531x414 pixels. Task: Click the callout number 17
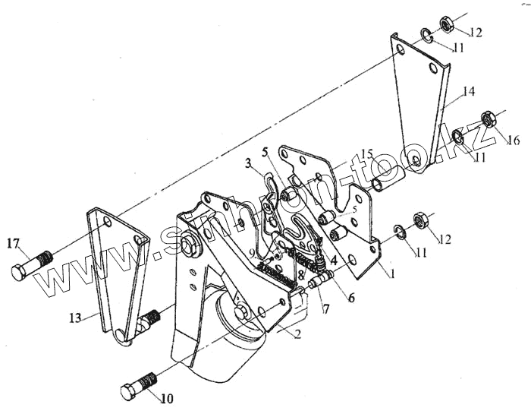click(x=14, y=244)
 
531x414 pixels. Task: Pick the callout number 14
click(x=469, y=92)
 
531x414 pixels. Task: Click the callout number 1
click(x=392, y=270)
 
